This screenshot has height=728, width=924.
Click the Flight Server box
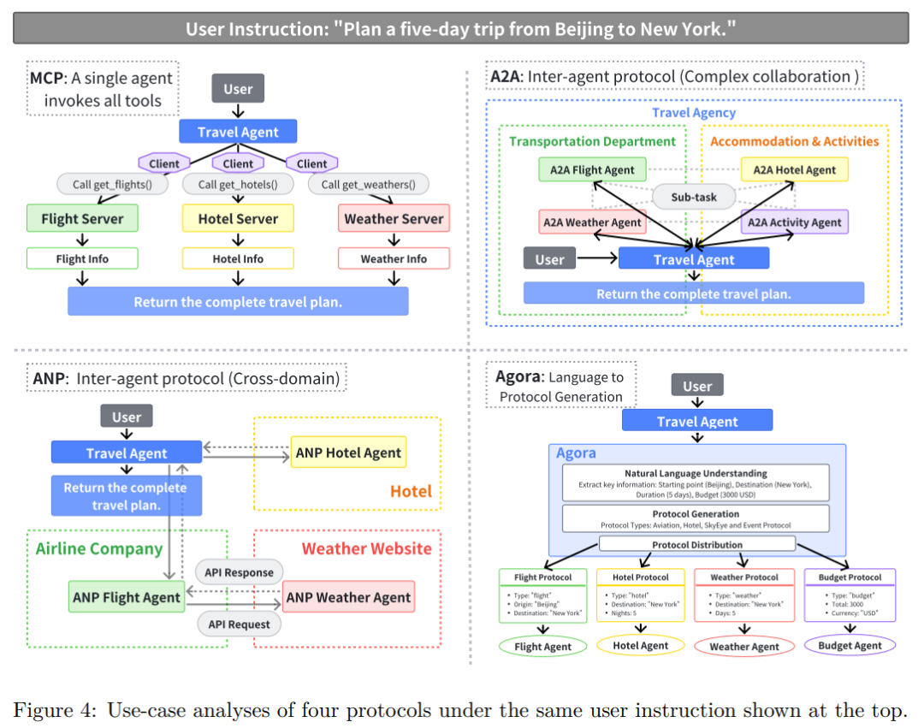coord(82,219)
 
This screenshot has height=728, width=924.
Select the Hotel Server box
coord(238,219)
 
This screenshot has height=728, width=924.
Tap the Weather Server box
coord(394,219)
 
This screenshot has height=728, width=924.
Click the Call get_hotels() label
coord(238,184)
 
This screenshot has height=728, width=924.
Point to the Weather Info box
coord(394,258)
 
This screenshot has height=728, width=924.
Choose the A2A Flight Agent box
coord(593,169)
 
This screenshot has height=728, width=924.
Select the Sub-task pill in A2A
coord(694,197)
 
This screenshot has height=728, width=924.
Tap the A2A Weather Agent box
coord(592,222)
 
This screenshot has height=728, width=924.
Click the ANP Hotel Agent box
coord(348,453)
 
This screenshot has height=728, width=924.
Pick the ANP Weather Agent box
coord(348,597)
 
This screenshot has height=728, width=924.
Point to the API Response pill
coord(239,572)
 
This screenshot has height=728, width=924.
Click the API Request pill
coord(239,624)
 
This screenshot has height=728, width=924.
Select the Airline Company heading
coord(99,548)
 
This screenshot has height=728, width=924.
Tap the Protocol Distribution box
coord(697,544)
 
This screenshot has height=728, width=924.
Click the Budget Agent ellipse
coord(850,646)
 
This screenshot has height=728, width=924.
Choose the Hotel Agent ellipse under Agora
coord(641,646)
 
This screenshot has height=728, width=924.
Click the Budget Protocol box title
coord(850,577)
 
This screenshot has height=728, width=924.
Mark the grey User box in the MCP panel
coord(238,89)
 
